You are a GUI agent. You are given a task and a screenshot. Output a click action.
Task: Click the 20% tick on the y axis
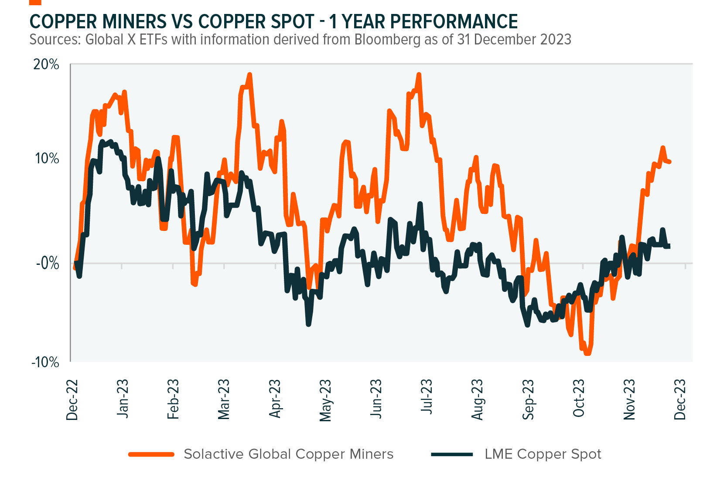click(x=46, y=64)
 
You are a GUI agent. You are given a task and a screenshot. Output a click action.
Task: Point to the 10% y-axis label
click(x=46, y=158)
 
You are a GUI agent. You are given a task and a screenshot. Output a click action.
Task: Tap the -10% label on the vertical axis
click(x=45, y=362)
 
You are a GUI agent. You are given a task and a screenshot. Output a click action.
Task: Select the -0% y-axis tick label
click(x=47, y=263)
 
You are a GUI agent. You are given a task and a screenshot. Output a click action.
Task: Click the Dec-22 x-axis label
click(x=72, y=399)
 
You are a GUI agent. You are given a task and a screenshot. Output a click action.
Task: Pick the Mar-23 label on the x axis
click(x=224, y=399)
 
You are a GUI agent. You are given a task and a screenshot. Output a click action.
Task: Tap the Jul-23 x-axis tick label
click(x=427, y=397)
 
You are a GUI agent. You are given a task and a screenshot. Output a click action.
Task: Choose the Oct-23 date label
click(x=578, y=399)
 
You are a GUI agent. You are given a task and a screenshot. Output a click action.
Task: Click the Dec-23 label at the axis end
click(x=680, y=399)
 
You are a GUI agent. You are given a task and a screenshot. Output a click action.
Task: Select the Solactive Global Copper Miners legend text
click(x=288, y=454)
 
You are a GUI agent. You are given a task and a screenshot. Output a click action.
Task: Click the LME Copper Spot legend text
click(x=543, y=454)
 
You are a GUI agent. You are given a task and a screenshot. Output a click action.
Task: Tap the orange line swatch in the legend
click(x=151, y=454)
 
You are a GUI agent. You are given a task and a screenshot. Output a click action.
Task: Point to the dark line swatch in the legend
click(x=452, y=454)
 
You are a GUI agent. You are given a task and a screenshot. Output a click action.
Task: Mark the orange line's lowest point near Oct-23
click(x=587, y=354)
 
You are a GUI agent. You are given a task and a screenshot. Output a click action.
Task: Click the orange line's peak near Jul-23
click(x=419, y=74)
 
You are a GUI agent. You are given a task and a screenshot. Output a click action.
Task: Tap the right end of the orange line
click(x=669, y=162)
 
